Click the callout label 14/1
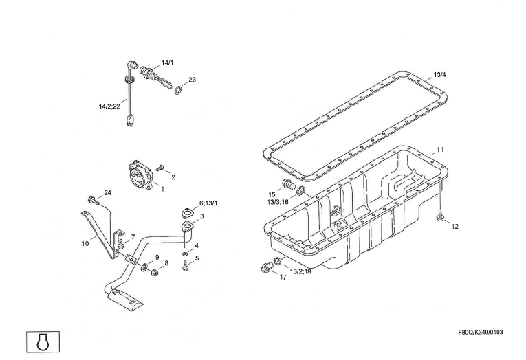[x=168, y=63]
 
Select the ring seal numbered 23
[x=177, y=89]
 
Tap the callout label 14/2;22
[x=109, y=106]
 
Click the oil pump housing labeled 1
[x=142, y=175]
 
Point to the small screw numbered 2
[x=160, y=166]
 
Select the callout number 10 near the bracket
[x=85, y=242]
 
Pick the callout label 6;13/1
[x=208, y=203]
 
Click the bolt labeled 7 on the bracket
[x=121, y=243]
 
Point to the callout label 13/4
[x=440, y=74]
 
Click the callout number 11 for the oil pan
[x=440, y=149]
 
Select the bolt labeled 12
[x=440, y=218]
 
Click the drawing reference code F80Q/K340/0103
[x=480, y=333]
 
